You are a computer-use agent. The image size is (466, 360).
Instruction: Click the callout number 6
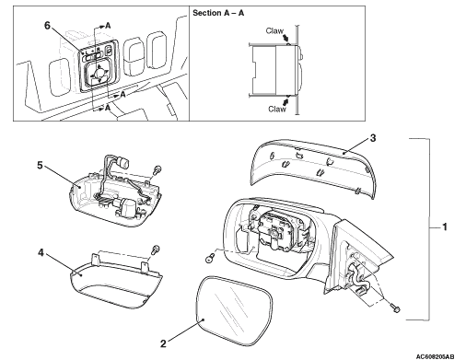click(x=47, y=26)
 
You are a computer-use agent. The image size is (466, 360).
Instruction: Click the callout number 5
click(x=40, y=165)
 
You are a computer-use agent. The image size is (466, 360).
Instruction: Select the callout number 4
click(x=41, y=253)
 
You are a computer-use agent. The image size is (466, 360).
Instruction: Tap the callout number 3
click(x=373, y=138)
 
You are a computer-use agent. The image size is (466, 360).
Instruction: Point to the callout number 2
click(x=163, y=343)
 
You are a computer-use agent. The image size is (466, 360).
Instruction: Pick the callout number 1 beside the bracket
click(x=444, y=227)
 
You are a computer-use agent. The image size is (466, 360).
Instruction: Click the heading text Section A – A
click(x=218, y=13)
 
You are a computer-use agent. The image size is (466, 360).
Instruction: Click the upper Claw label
click(x=274, y=30)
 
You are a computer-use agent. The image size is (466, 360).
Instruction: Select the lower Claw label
click(x=277, y=109)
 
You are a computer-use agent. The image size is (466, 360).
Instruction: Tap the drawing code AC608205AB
click(x=435, y=356)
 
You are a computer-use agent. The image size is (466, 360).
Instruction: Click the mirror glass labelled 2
click(x=234, y=310)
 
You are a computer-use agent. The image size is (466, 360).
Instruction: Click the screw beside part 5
click(x=157, y=169)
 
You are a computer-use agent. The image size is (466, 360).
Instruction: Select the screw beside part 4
click(x=156, y=249)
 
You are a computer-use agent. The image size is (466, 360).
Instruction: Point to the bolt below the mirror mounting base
click(x=395, y=308)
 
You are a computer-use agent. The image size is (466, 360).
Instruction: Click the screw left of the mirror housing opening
click(x=210, y=258)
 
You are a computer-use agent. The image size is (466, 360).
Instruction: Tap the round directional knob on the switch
click(x=99, y=73)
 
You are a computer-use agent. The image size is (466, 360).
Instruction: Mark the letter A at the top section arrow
click(x=108, y=26)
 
